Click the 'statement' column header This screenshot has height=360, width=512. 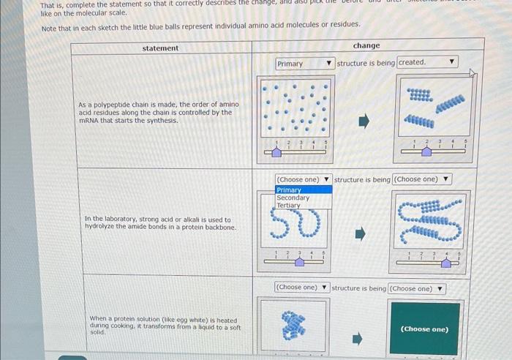tap(160, 48)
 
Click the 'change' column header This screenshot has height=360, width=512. tap(366, 45)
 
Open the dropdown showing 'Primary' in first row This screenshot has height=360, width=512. tap(305, 64)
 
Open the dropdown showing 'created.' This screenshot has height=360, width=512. tap(427, 63)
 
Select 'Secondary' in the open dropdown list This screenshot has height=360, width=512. tap(293, 198)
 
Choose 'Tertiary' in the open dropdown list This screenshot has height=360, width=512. tap(289, 206)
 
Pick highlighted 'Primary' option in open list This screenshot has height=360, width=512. tap(290, 190)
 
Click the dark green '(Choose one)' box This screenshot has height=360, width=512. tap(425, 329)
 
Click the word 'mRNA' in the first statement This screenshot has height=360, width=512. tap(89, 120)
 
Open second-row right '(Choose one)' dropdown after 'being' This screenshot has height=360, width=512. tap(422, 179)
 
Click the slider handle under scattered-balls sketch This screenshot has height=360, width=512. tap(277, 151)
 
